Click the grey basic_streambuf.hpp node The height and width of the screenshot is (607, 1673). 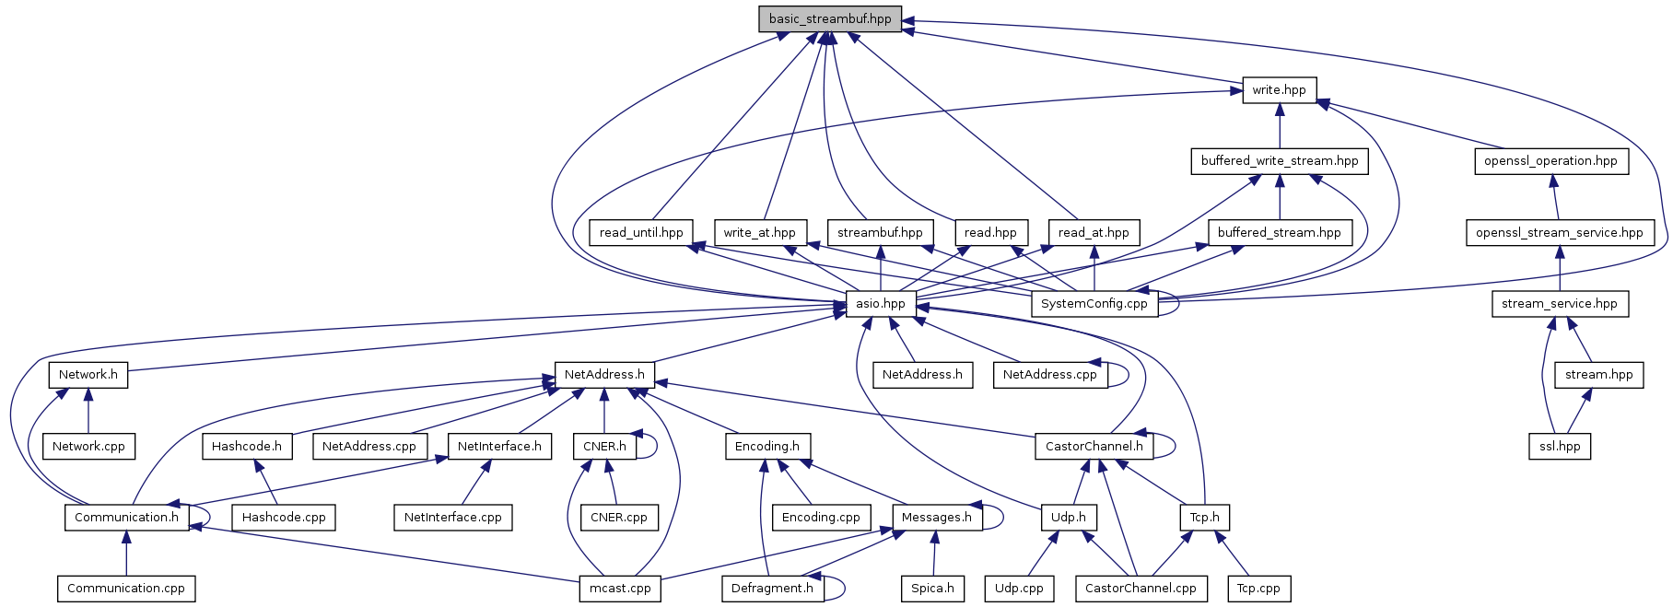[x=829, y=19]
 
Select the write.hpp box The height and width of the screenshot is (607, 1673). [x=1279, y=90]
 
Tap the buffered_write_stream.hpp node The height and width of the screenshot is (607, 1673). [x=1279, y=161]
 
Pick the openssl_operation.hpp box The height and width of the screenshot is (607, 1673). [x=1550, y=161]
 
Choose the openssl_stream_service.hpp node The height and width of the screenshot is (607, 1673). [x=1559, y=233]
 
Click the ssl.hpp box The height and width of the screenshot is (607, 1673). [x=1560, y=447]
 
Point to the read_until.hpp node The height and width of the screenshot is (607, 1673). [x=640, y=233]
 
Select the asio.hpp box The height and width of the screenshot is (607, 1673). [x=880, y=304]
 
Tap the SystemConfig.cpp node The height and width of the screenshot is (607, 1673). [x=1094, y=304]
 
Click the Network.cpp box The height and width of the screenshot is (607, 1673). [x=88, y=447]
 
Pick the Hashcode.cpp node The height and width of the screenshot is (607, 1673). [x=283, y=518]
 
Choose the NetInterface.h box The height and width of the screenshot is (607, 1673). [x=499, y=447]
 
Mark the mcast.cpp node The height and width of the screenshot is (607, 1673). [x=620, y=589]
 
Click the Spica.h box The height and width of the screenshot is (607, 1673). [x=932, y=589]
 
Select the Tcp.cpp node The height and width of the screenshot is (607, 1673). [x=1258, y=589]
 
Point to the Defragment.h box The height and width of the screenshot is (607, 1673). [x=772, y=589]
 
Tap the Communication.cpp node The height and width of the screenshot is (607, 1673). [x=125, y=589]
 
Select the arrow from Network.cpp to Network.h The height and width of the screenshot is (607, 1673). [x=88, y=411]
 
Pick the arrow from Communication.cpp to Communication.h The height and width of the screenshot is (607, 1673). [x=126, y=553]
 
